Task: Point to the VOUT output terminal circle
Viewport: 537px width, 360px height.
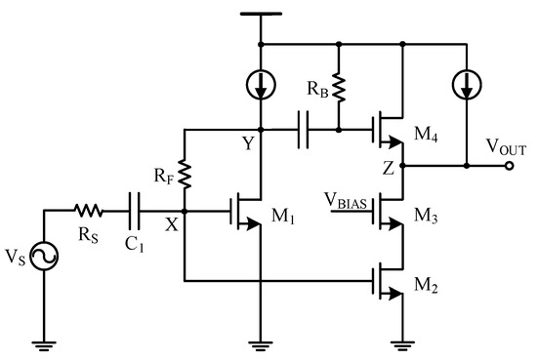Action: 509,166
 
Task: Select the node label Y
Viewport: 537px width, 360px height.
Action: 249,144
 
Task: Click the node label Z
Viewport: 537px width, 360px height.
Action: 388,167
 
